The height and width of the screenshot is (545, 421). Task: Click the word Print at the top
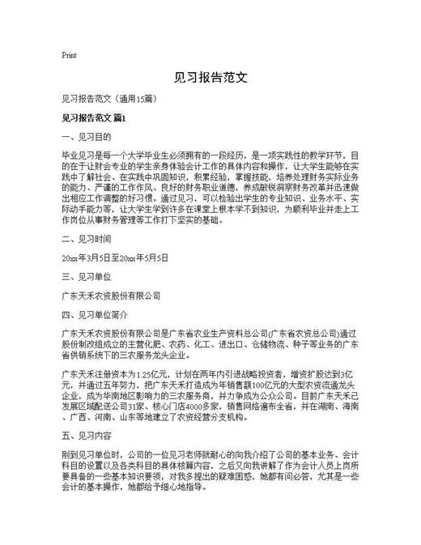pyautogui.click(x=69, y=56)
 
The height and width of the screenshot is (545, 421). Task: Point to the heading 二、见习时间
pyautogui.click(x=86, y=240)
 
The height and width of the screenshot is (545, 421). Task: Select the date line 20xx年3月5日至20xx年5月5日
pyautogui.click(x=115, y=258)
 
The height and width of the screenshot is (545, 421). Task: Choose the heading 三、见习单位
pyautogui.click(x=86, y=277)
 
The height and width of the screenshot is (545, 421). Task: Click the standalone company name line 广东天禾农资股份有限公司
pyautogui.click(x=111, y=296)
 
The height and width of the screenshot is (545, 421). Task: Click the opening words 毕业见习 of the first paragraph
pyautogui.click(x=77, y=155)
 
